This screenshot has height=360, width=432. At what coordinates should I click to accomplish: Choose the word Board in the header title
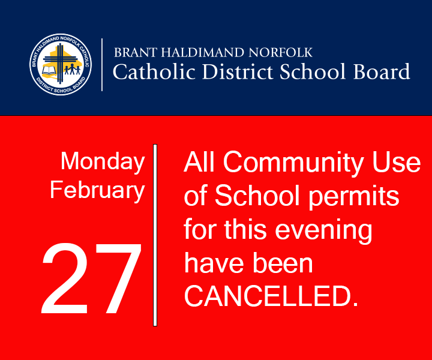point(381,72)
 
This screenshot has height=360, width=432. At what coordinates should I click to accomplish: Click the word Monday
point(103,161)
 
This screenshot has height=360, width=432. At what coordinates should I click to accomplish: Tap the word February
point(97,190)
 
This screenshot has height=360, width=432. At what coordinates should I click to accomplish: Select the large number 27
point(91,280)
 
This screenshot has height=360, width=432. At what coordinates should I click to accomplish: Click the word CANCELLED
point(271,297)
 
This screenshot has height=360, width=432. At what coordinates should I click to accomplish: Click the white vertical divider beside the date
point(155,234)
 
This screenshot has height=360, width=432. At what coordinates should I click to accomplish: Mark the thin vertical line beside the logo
point(101,64)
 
